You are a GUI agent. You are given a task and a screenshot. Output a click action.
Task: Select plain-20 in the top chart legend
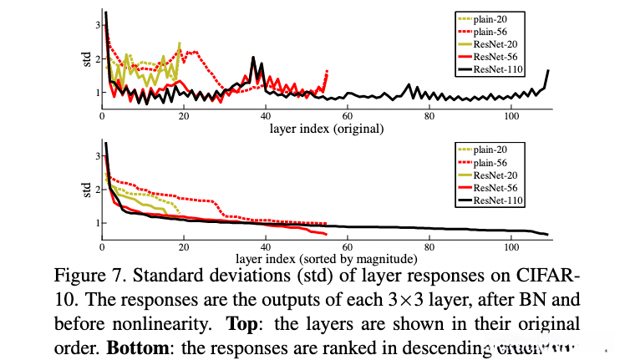492,18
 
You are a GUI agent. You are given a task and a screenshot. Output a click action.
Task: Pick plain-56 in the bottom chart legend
492,162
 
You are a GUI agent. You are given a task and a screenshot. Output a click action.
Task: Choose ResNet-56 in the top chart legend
495,56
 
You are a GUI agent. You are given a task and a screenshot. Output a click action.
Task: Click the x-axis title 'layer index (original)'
327,129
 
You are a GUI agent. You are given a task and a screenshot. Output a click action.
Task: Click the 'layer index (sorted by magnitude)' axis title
326,258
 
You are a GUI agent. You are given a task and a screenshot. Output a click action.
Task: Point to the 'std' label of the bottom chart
86,191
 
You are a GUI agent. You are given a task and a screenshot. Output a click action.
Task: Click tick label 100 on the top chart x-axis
511,116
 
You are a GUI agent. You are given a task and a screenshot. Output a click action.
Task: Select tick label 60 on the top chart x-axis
348,116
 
